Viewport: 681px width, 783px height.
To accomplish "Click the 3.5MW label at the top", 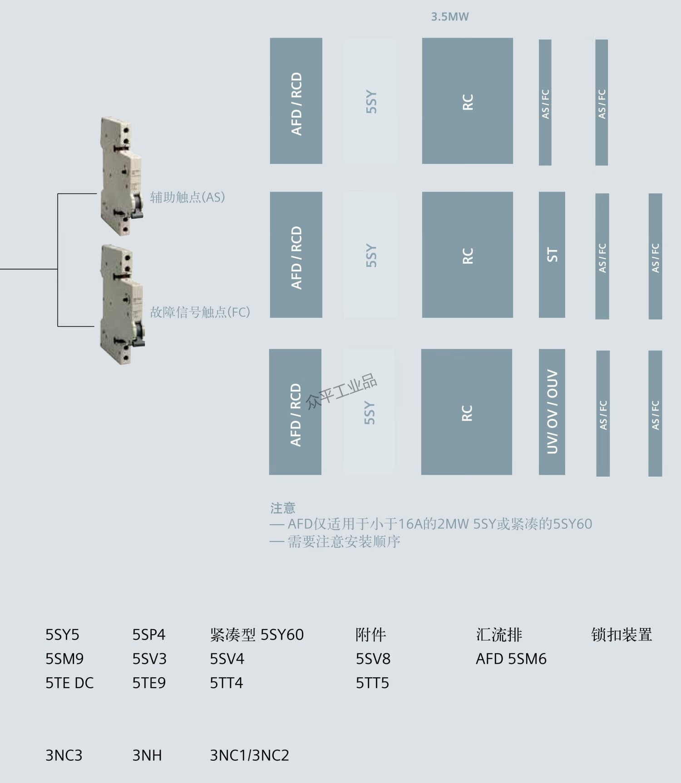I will [x=449, y=17].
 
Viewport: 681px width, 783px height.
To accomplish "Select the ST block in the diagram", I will [x=552, y=255].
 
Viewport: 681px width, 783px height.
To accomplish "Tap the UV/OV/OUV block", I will [x=552, y=412].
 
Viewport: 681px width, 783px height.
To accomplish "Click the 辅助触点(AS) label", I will [x=188, y=197].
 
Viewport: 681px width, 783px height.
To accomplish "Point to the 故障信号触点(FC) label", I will [x=200, y=312].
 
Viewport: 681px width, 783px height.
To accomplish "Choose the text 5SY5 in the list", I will [x=62, y=635].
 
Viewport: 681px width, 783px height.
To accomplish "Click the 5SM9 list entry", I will [x=64, y=659].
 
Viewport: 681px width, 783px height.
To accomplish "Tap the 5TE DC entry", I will [x=69, y=683].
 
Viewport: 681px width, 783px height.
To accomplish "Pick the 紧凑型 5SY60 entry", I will [x=257, y=635].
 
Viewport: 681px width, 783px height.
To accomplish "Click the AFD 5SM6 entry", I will [x=511, y=659].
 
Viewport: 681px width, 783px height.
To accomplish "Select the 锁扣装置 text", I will [x=622, y=635].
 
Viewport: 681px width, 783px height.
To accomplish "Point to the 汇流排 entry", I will [x=499, y=635].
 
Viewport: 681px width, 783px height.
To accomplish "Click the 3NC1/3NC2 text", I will [x=249, y=755].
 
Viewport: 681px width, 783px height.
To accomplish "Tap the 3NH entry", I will [x=147, y=755].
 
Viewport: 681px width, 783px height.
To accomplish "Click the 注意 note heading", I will [x=282, y=507].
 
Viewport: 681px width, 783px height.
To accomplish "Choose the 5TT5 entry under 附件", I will [x=372, y=683].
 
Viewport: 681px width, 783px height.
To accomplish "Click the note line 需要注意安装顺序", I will [x=344, y=542].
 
